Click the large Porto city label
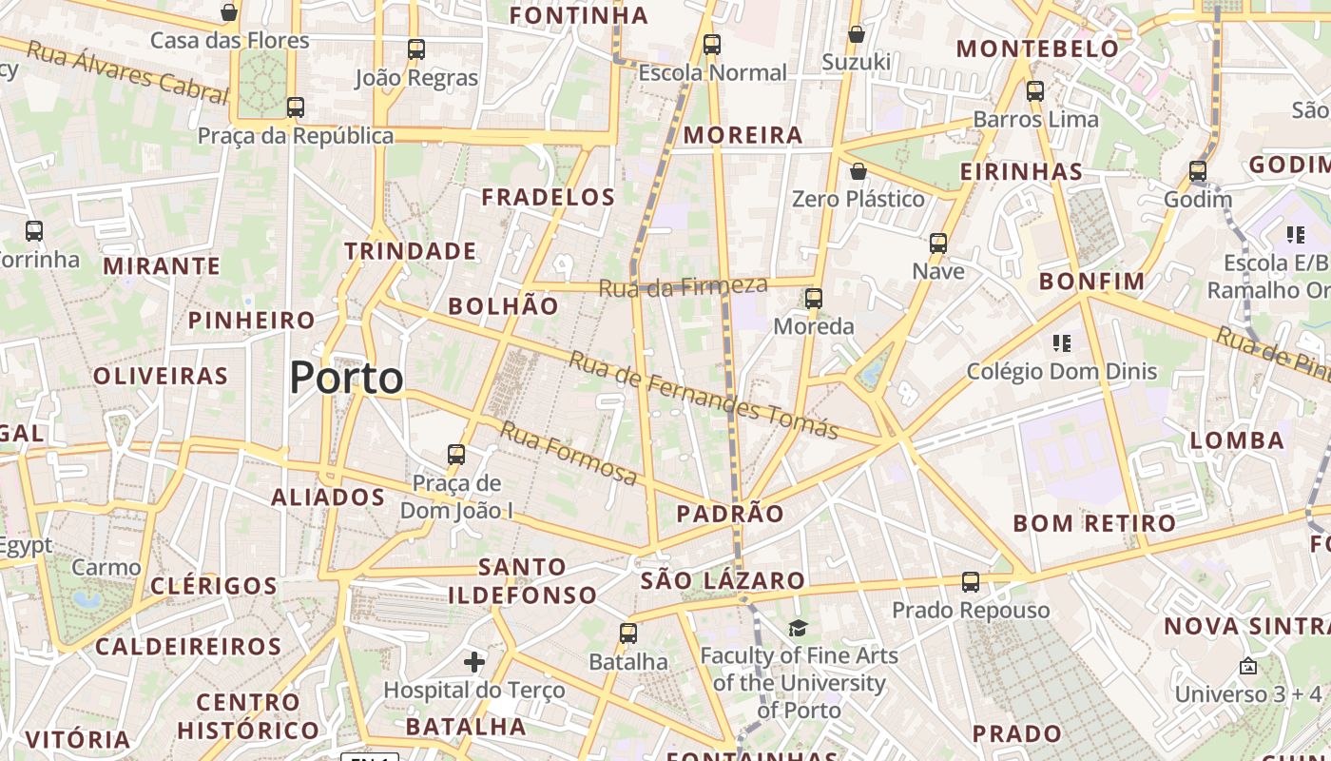346,378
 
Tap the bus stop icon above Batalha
627,634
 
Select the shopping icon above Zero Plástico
858,171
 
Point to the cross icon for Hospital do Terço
474,661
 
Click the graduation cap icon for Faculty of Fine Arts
798,628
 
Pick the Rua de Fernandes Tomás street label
704,395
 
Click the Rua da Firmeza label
683,285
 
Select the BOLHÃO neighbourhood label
503,306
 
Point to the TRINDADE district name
411,251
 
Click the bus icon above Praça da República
296,107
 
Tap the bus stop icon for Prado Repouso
970,582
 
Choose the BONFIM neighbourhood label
1091,282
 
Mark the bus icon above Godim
1198,172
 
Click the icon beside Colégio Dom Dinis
1062,342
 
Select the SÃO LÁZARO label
723,580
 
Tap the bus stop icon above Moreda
814,299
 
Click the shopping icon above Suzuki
857,34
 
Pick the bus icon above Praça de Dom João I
456,455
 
